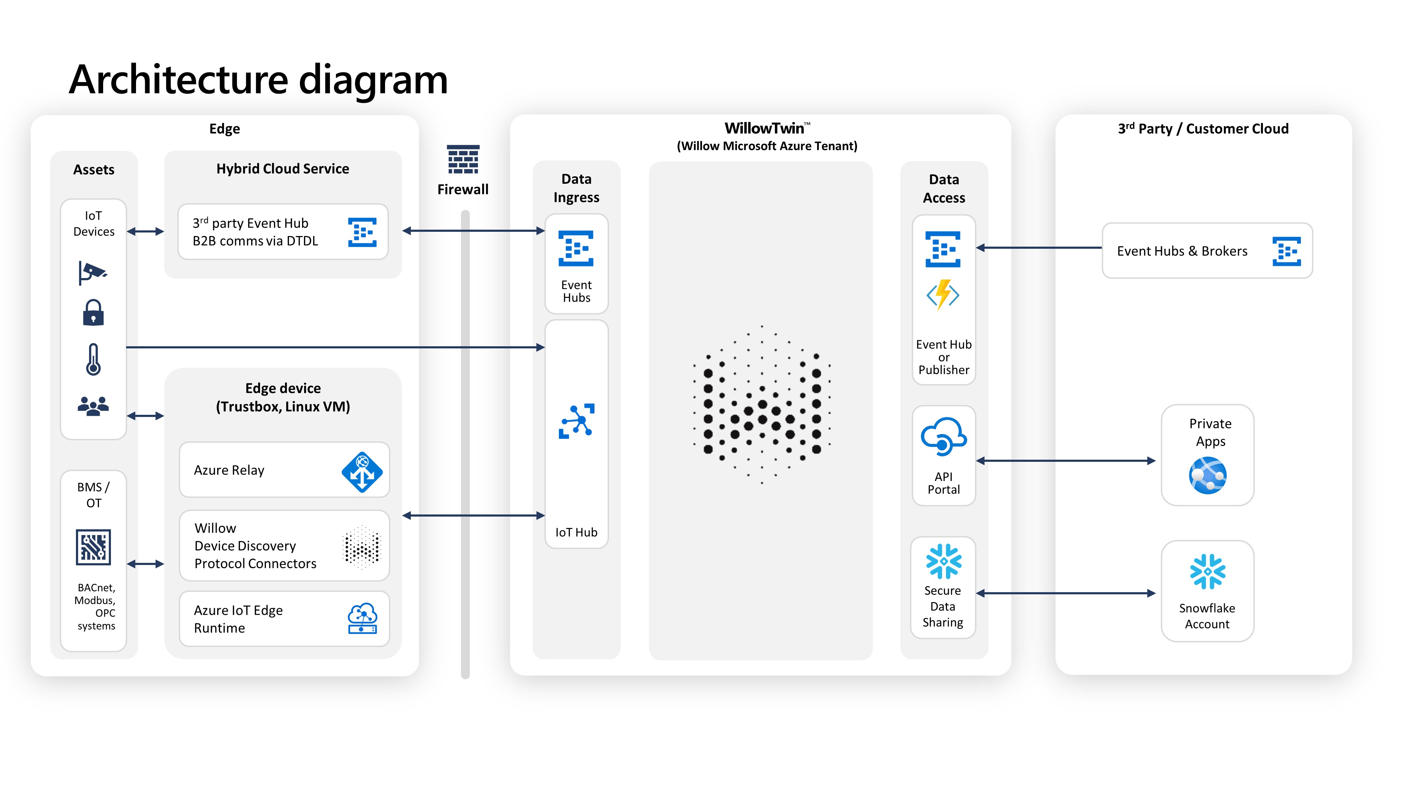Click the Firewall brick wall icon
pyautogui.click(x=463, y=160)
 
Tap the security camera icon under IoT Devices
pyautogui.click(x=93, y=272)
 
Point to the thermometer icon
pyautogui.click(x=93, y=359)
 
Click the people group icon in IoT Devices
pyautogui.click(x=93, y=406)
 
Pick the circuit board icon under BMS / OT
pyautogui.click(x=93, y=547)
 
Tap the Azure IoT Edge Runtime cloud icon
pyautogui.click(x=362, y=618)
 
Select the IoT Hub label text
pyautogui.click(x=576, y=532)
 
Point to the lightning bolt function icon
pyautogui.click(x=943, y=295)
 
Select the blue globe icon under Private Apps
pyautogui.click(x=1207, y=476)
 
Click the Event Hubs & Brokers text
pyautogui.click(x=1182, y=251)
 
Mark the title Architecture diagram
pyautogui.click(x=258, y=79)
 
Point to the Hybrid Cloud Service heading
pyautogui.click(x=283, y=169)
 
